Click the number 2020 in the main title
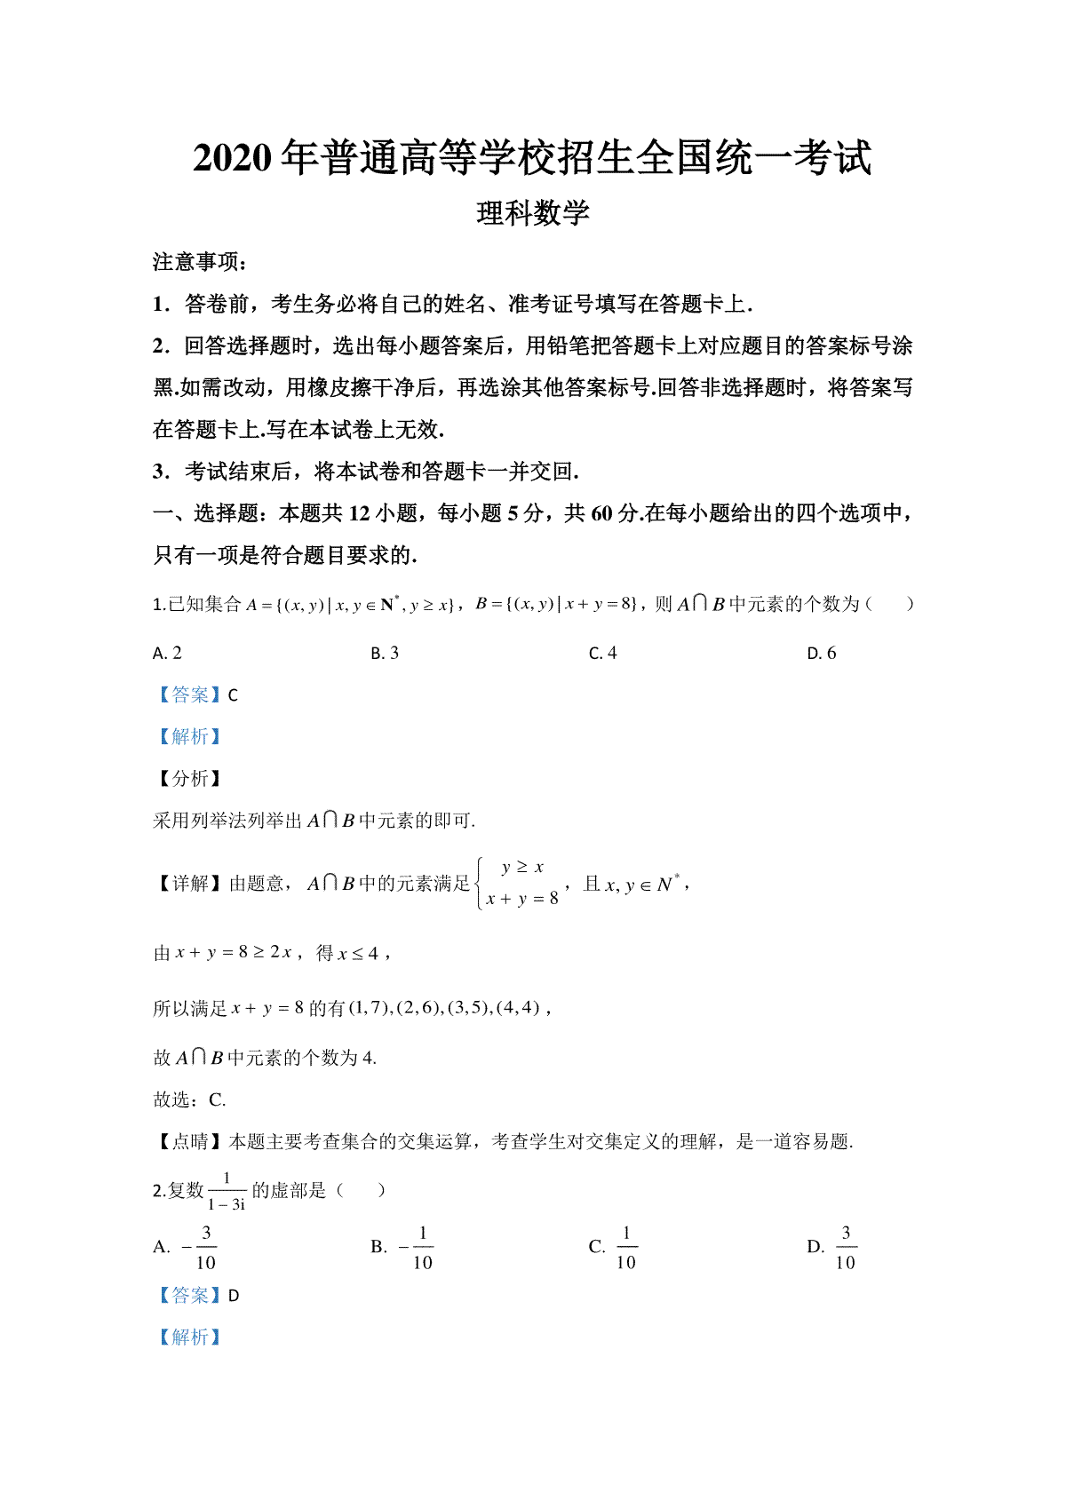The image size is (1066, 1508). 232,159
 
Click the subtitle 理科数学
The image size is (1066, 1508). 533,214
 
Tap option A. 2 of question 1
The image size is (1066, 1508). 167,654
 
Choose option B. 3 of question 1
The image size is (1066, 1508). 385,654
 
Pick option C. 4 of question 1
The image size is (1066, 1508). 603,654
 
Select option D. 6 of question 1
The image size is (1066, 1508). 822,654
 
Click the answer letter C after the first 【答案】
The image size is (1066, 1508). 234,695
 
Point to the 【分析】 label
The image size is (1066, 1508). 187,779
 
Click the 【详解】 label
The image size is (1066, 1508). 187,884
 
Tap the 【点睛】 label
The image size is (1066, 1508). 187,1142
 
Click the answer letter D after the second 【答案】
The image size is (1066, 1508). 234,1296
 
